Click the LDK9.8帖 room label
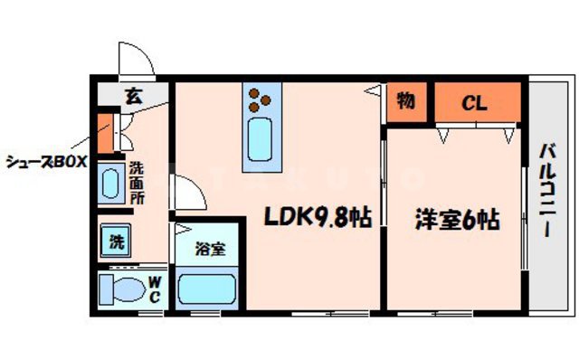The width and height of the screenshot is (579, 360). pyautogui.click(x=316, y=218)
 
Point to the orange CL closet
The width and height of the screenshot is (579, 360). pyautogui.click(x=477, y=103)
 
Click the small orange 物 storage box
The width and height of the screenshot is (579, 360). pyautogui.click(x=404, y=101)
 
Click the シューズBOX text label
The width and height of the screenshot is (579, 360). pyautogui.click(x=45, y=163)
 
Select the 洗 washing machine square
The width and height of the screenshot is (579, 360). pyautogui.click(x=117, y=242)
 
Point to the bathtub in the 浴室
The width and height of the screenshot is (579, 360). pyautogui.click(x=207, y=289)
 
